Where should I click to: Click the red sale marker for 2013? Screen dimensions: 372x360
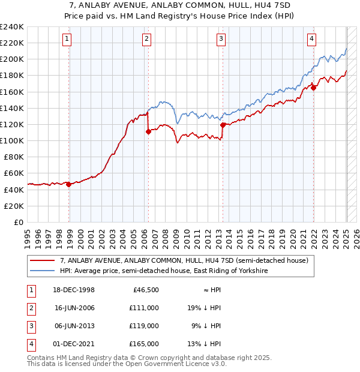click(x=223, y=125)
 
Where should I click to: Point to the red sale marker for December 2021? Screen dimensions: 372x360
click(x=313, y=88)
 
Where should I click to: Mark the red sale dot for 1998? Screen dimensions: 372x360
click(x=69, y=184)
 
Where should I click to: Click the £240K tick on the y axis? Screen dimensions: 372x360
click(x=12, y=27)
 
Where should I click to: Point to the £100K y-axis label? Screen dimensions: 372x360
click(x=12, y=140)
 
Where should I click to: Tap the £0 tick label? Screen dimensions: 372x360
click(x=19, y=222)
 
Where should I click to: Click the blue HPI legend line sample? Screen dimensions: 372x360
click(x=42, y=271)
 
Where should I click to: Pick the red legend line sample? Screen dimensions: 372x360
click(x=42, y=260)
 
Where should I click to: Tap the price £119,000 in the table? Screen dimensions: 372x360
click(x=145, y=326)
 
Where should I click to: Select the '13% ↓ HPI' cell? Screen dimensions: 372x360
click(x=205, y=344)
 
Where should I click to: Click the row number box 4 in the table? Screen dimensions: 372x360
click(x=30, y=344)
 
